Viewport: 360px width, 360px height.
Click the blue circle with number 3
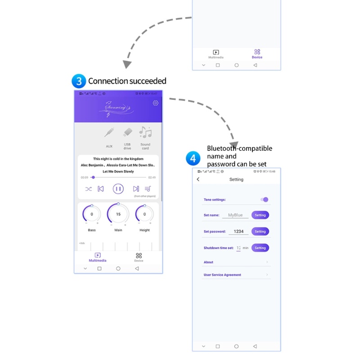click(79, 81)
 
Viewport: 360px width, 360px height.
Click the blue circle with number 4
click(193, 158)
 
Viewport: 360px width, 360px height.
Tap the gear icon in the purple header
click(156, 103)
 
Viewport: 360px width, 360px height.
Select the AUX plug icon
click(109, 133)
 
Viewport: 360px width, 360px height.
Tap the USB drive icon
click(127, 133)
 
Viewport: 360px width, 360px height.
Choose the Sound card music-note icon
click(145, 132)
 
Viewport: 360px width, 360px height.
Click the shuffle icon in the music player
click(89, 189)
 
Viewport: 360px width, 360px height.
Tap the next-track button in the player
click(135, 189)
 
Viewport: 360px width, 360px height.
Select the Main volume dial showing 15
click(118, 214)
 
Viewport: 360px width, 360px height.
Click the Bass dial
click(92, 214)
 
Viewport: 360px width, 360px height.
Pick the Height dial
click(144, 214)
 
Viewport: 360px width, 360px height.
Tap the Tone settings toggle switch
click(265, 199)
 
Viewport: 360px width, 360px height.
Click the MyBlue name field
click(235, 215)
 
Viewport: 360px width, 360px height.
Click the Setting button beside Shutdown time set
click(260, 247)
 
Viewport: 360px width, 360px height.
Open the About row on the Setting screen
click(236, 262)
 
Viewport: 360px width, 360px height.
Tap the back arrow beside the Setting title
click(198, 180)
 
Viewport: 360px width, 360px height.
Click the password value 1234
click(238, 231)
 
